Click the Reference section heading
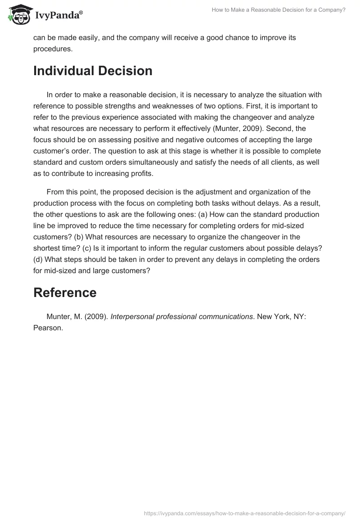click(x=65, y=292)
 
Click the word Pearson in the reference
click(x=47, y=328)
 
